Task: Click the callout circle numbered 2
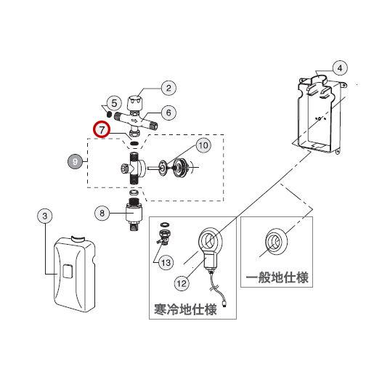point(168,88)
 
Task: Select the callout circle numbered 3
point(45,216)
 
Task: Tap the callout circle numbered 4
point(338,68)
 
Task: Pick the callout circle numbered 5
point(114,103)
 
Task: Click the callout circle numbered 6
point(168,113)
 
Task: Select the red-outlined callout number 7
point(102,131)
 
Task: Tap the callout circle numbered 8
point(102,213)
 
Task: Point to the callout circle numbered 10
point(203,146)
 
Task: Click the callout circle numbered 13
point(166,261)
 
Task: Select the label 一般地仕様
point(277,277)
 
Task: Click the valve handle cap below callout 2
point(135,102)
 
